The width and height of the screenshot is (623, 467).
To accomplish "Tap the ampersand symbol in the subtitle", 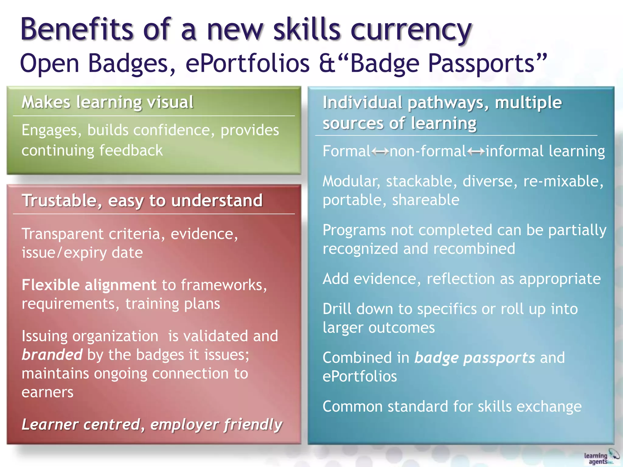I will tap(327, 63).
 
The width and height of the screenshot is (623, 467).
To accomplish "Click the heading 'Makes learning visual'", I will tap(107, 102).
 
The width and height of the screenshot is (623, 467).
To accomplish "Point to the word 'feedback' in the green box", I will tap(131, 150).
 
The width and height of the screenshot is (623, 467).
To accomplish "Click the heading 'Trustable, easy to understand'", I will tap(142, 200).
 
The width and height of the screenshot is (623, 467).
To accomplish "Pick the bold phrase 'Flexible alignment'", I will tap(89, 285).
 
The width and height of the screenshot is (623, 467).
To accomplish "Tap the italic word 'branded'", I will tap(52, 355).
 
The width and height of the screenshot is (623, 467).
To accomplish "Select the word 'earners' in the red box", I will tap(47, 392).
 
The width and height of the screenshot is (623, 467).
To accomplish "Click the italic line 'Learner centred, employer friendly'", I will tap(152, 424).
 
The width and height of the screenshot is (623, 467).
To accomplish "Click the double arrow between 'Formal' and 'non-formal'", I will tap(380, 151).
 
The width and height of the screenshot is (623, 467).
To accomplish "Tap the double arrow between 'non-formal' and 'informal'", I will tap(476, 151).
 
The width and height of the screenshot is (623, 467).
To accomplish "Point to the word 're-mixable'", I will tap(563, 181).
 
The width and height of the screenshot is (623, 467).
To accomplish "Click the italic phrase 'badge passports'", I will tap(475, 358).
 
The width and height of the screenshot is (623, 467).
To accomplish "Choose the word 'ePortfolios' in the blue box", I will tap(360, 376).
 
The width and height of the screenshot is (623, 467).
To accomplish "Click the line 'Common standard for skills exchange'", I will tap(452, 406).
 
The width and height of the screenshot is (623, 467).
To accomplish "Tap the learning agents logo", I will tap(601, 457).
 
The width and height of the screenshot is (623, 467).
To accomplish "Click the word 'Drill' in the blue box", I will tap(337, 309).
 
